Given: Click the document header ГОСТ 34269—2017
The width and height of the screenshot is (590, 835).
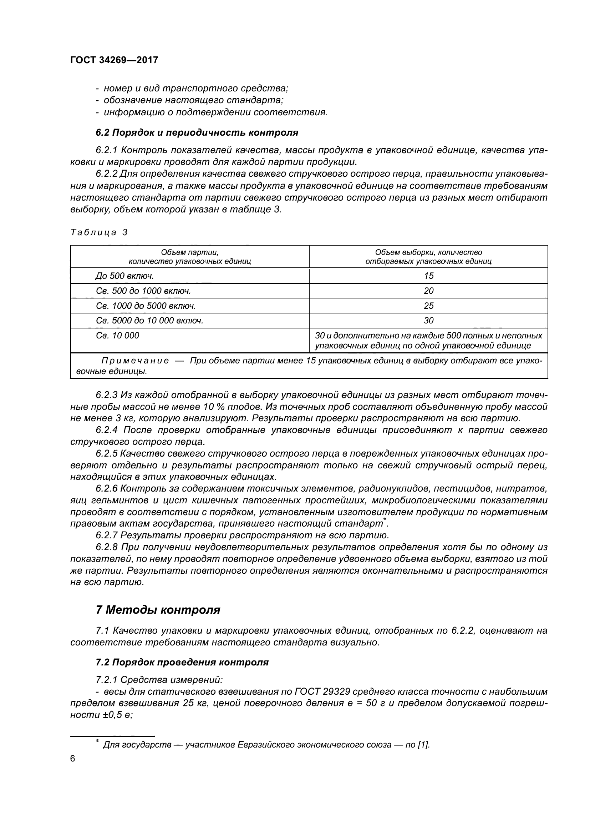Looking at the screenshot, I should [x=114, y=60].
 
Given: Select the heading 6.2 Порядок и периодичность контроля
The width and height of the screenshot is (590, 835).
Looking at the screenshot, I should [x=197, y=133].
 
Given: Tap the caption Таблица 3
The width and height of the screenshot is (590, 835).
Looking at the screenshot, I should [x=99, y=232].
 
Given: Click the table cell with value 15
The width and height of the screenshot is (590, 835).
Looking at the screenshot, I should [x=429, y=276].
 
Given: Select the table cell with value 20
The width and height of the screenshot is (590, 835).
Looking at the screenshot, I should [x=429, y=291].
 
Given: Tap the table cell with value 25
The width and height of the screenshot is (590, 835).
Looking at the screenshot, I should [x=429, y=306].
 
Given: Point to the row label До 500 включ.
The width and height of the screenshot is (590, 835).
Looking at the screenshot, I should [x=124, y=276].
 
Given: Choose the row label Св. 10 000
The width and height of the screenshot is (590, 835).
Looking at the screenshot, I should [x=117, y=336].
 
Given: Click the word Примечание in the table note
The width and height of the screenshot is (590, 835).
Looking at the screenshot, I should [x=135, y=361].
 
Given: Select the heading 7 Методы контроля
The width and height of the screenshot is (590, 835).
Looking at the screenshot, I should [x=158, y=610].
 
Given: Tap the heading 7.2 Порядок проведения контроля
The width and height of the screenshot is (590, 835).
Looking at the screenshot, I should [x=182, y=662].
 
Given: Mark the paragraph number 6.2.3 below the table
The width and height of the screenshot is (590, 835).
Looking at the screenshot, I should [x=107, y=395].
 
